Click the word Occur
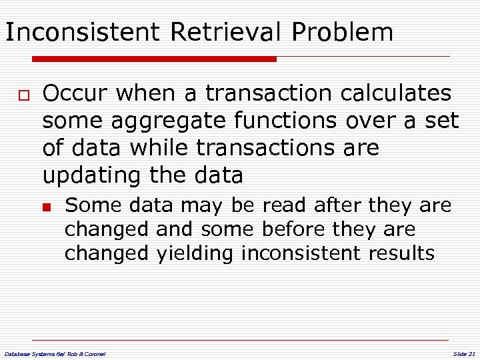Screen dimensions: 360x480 (75, 93)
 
